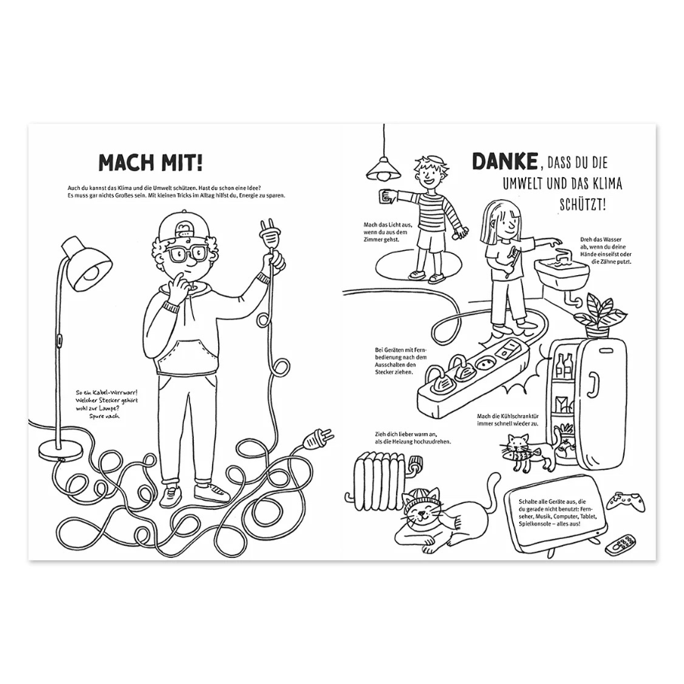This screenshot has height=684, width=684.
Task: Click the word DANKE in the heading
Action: click(505, 161)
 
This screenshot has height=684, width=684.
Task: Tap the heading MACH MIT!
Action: click(150, 163)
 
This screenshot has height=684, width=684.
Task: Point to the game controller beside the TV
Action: click(627, 502)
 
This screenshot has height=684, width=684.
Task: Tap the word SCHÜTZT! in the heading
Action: click(583, 204)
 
